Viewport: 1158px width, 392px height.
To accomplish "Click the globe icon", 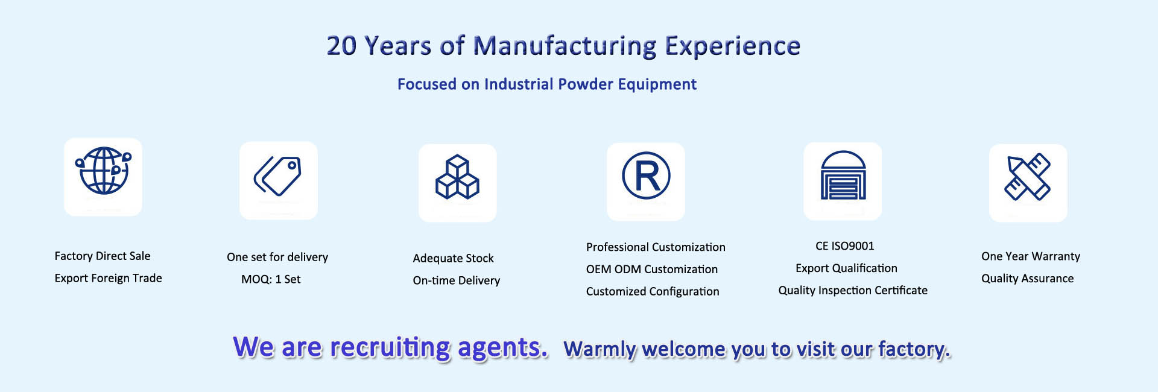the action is [x=103, y=171].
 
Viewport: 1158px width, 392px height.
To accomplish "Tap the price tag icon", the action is [x=277, y=176].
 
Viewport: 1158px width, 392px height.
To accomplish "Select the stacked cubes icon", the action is [x=457, y=177].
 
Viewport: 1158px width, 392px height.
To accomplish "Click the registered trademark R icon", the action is [x=646, y=175].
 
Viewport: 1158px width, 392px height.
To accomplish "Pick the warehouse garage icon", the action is [x=843, y=175].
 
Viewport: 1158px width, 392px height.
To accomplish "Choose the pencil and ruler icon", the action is [x=1028, y=177].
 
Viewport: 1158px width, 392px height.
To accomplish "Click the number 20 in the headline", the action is [x=341, y=46].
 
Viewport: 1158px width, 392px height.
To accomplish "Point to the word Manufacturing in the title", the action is [x=565, y=46].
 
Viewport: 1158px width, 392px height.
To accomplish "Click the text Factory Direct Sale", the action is [x=103, y=256].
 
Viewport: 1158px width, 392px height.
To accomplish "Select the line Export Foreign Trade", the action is [x=108, y=278].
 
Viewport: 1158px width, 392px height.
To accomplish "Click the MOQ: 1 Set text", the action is [x=271, y=279].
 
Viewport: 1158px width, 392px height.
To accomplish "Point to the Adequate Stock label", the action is [x=453, y=258].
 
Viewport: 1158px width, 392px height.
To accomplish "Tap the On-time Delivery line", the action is [x=457, y=280].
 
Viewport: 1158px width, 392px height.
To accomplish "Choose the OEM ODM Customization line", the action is [x=652, y=269].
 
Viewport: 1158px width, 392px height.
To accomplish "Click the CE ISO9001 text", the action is [x=844, y=246].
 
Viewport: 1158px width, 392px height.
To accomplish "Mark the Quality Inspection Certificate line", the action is [x=853, y=291].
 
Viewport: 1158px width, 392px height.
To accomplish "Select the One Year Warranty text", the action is [x=1031, y=256].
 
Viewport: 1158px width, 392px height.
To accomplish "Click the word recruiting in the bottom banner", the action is [x=390, y=348].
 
